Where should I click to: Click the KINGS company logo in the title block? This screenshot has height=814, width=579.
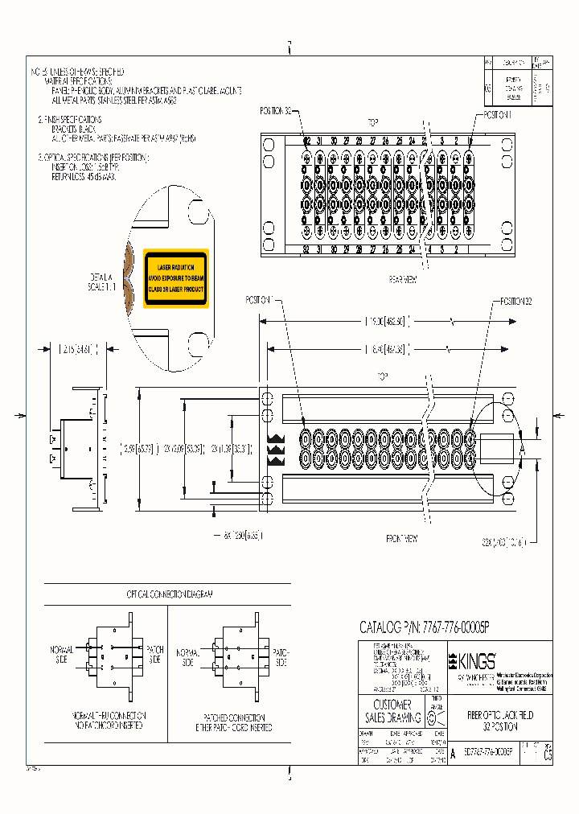tap(472, 661)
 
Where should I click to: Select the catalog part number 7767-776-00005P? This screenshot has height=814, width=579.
tap(424, 627)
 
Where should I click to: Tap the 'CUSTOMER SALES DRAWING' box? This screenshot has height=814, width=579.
tap(393, 711)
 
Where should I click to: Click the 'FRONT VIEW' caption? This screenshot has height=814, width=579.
tap(401, 538)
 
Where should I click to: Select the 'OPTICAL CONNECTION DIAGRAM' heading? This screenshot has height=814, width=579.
tap(169, 594)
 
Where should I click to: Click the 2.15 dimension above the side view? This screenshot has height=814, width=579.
tap(78, 349)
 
